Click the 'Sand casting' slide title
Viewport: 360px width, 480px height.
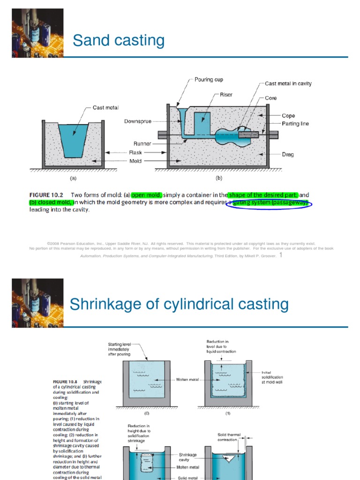coord(119,41)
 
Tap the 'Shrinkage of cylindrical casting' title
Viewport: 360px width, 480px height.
coord(179,304)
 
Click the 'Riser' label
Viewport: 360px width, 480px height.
coord(226,95)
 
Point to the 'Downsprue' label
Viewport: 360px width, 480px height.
coord(137,121)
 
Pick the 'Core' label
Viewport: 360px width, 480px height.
coord(270,98)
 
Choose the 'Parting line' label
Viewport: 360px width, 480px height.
coord(295,124)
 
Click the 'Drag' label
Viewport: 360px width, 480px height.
coord(288,154)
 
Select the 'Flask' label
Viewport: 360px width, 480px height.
coord(135,152)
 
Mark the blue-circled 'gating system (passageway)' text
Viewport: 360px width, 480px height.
coord(269,202)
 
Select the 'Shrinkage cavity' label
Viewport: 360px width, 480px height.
coord(187,457)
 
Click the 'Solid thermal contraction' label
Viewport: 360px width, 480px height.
coord(229,437)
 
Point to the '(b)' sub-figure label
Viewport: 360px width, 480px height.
coord(218,178)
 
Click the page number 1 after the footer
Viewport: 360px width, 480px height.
coord(281,255)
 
